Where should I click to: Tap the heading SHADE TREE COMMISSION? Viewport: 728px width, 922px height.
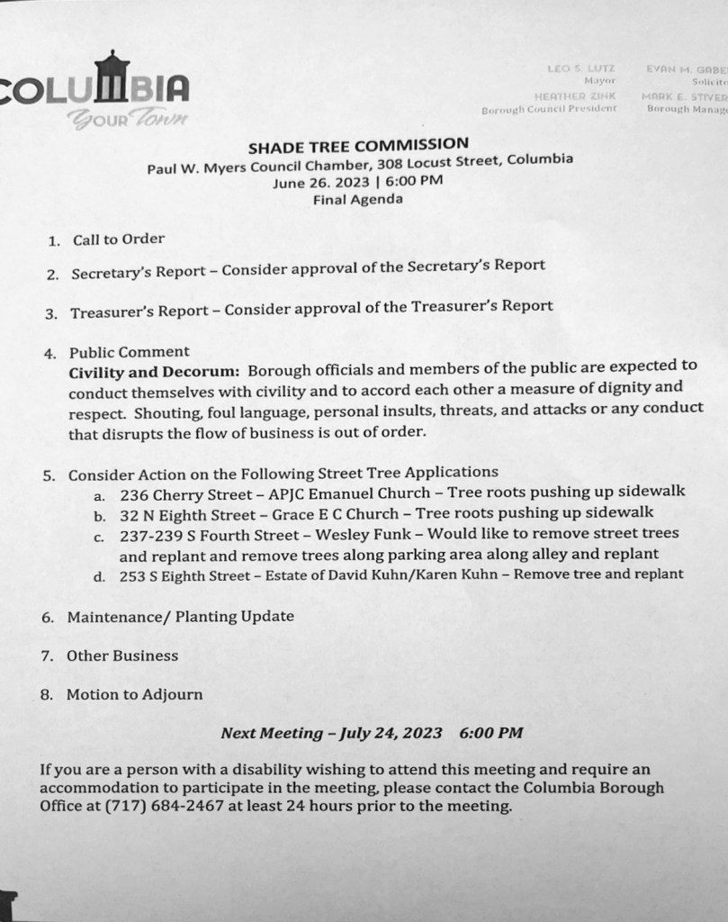click(358, 144)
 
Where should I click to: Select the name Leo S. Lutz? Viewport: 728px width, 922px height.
click(579, 68)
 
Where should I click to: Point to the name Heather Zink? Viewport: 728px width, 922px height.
click(575, 95)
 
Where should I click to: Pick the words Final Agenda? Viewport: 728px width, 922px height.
click(357, 200)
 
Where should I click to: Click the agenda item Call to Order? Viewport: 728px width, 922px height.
click(119, 240)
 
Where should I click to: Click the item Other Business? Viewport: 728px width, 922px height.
click(122, 656)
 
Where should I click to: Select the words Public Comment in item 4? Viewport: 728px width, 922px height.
click(129, 353)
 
